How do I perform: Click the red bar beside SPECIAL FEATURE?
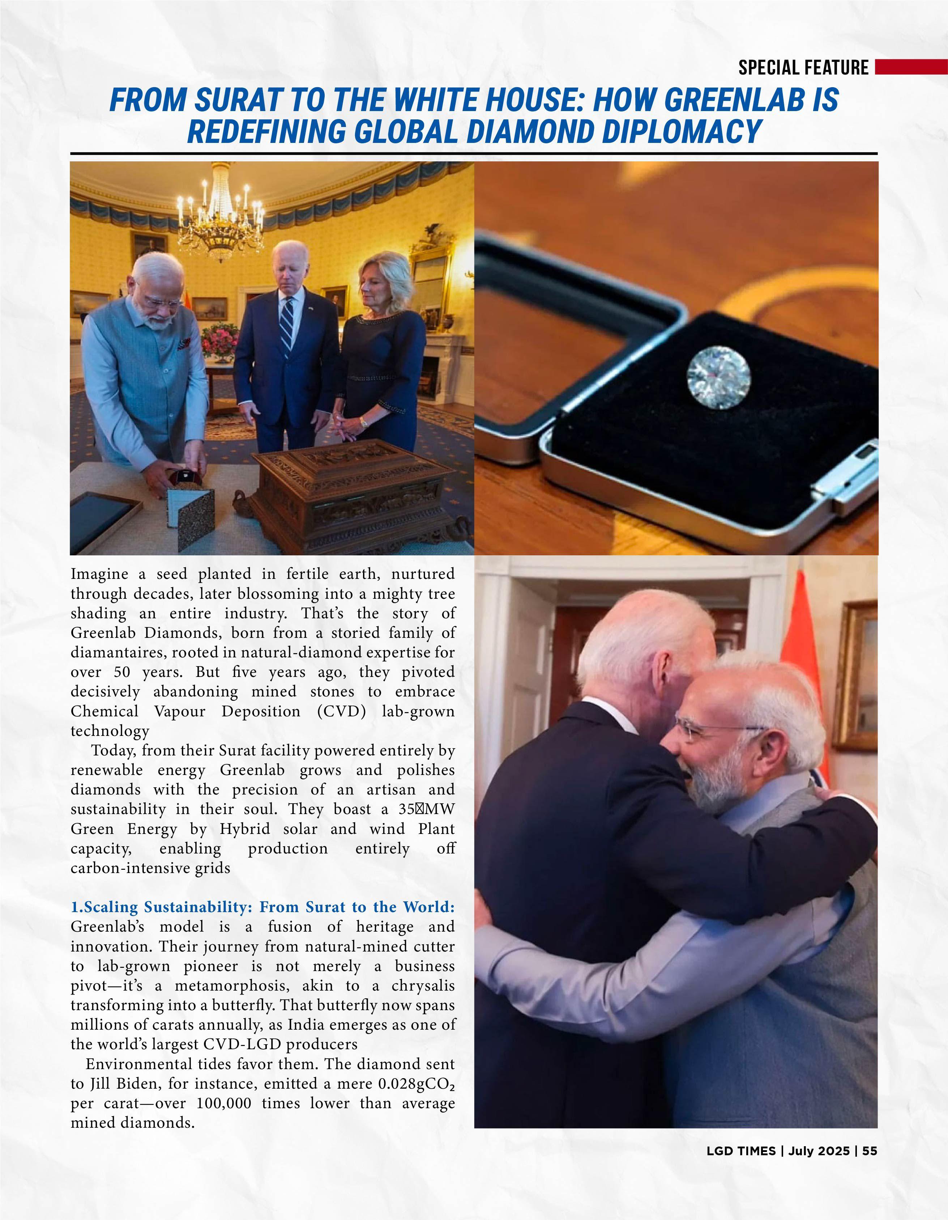click(x=911, y=67)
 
